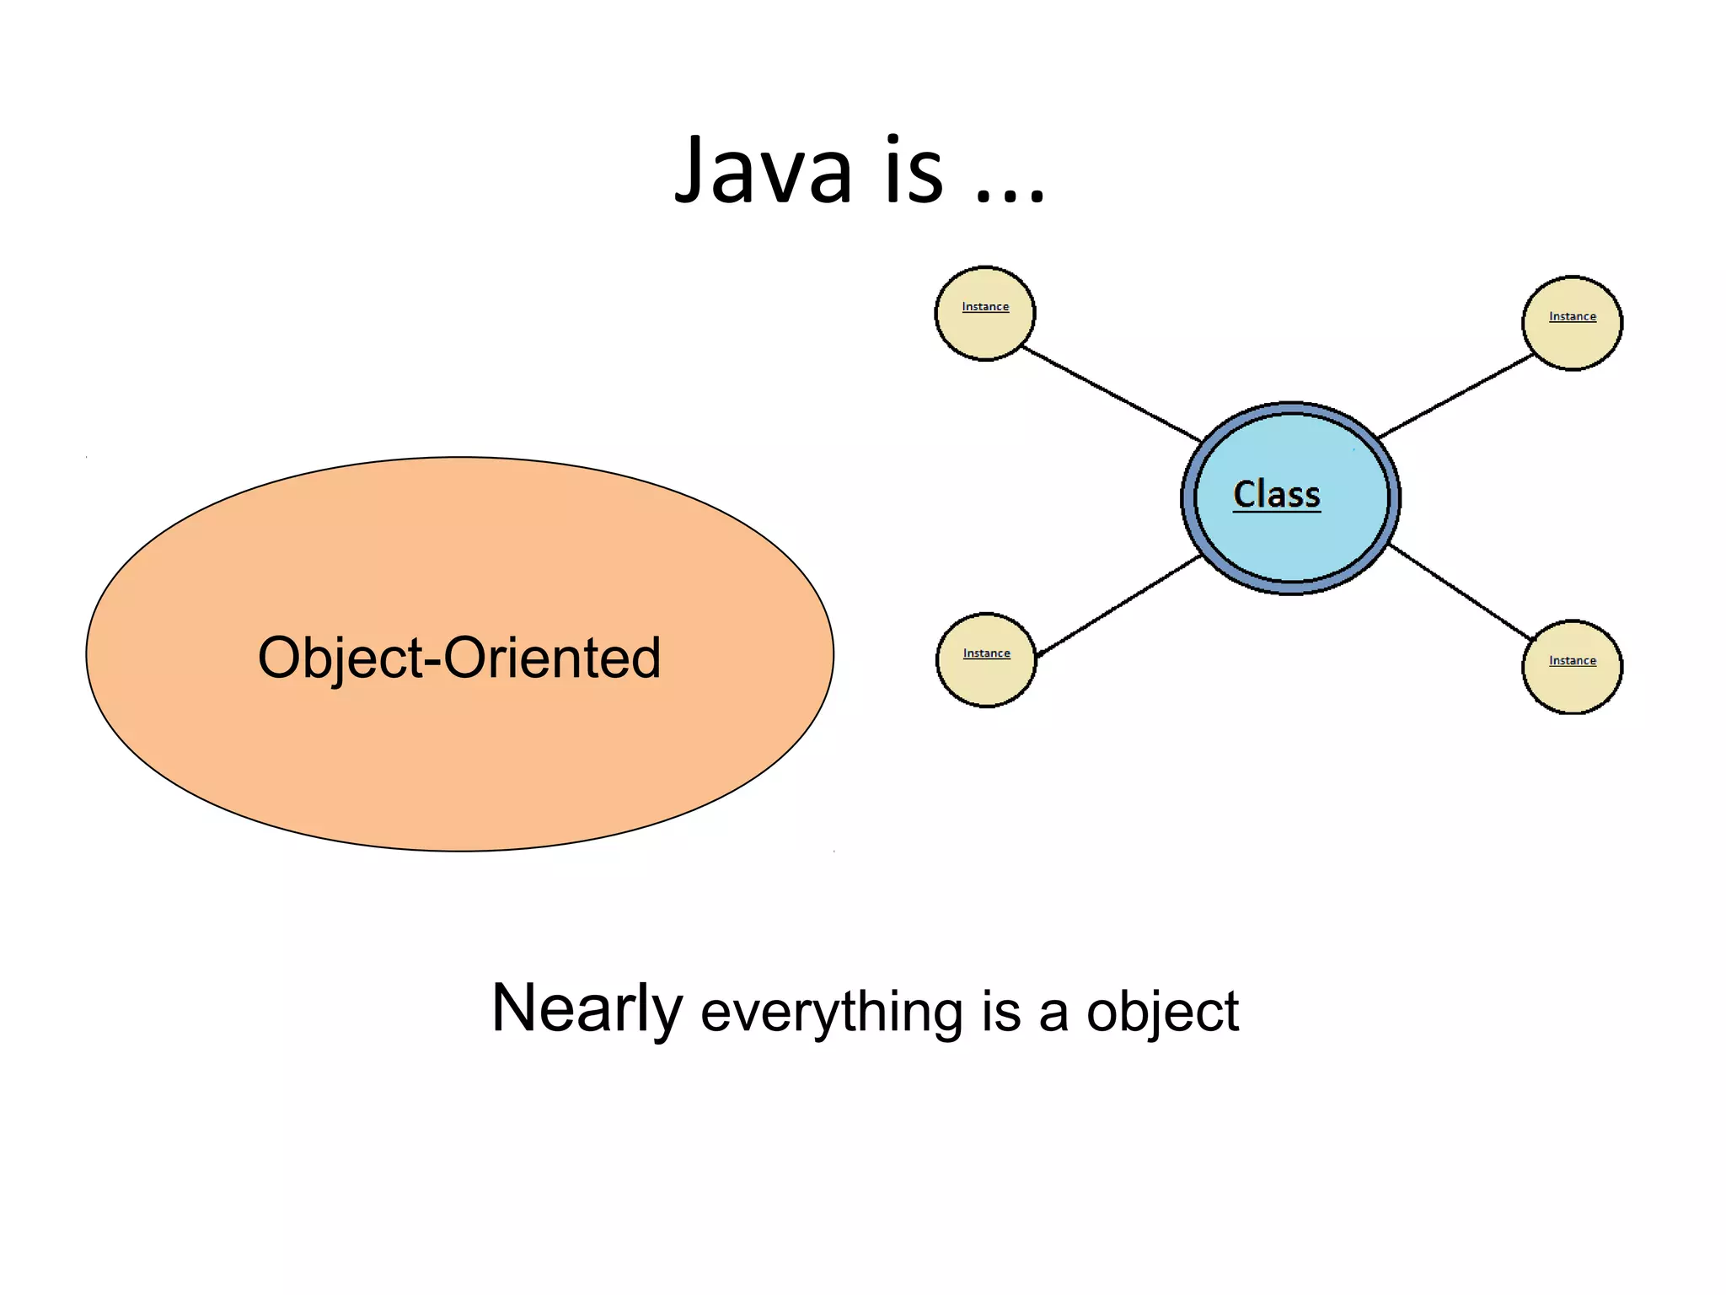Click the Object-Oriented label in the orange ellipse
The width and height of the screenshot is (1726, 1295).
pos(459,658)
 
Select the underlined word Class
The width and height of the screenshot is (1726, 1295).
pos(1276,495)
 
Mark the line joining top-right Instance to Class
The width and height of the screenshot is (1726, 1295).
pos(1455,396)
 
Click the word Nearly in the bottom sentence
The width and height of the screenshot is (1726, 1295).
pos(587,1009)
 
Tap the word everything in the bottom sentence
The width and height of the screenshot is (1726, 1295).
pos(831,1012)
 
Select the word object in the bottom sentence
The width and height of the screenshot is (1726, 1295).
pos(1162,1012)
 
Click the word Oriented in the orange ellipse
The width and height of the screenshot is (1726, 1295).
pos(552,658)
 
